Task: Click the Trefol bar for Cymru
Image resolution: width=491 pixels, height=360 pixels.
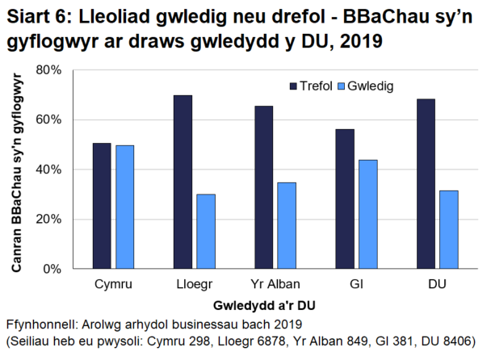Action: tap(102, 206)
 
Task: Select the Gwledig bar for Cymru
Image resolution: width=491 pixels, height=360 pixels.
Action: tap(124, 207)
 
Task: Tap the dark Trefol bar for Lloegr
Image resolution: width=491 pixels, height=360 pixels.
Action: tap(183, 182)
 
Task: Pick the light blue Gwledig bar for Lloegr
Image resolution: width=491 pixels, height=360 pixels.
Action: tap(205, 231)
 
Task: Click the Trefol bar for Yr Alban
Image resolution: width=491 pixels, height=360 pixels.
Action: tap(263, 187)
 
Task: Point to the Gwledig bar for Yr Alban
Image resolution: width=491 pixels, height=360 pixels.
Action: tap(286, 225)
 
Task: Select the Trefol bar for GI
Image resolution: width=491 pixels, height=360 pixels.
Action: tap(345, 199)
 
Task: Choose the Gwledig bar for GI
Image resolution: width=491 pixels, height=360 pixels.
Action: tap(367, 214)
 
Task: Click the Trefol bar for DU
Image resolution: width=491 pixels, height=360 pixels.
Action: tap(426, 184)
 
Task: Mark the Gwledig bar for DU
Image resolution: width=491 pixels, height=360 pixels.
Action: tap(448, 229)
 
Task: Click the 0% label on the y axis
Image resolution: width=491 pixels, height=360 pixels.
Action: tap(52, 269)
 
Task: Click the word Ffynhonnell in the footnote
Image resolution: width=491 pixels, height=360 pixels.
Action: tap(40, 324)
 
